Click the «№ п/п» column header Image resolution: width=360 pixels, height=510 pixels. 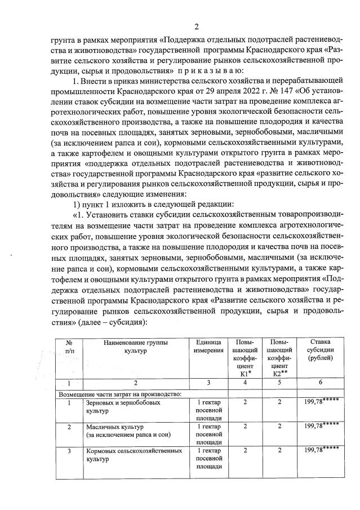[70, 346]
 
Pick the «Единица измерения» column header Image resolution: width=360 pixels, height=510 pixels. [208, 346]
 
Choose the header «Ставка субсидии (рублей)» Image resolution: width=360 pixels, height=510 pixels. [320, 350]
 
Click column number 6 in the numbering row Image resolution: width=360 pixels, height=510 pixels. [320, 383]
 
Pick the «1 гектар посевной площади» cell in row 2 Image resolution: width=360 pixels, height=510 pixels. [208, 434]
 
